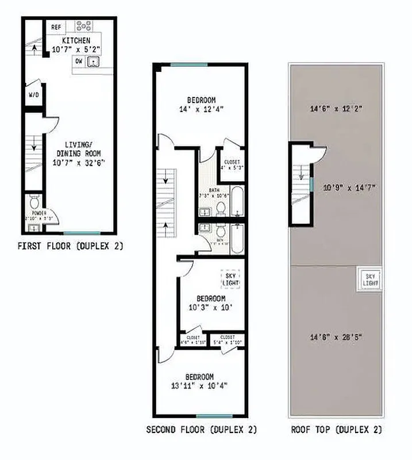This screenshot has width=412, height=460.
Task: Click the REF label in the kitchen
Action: (x=56, y=26)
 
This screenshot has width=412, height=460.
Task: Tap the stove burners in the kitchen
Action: (x=85, y=26)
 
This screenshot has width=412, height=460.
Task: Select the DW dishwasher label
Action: (x=78, y=60)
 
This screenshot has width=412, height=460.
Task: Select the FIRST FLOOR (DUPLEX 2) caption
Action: (x=71, y=246)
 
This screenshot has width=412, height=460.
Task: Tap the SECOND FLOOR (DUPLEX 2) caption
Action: (x=201, y=430)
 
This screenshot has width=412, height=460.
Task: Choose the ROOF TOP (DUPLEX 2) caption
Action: (x=336, y=430)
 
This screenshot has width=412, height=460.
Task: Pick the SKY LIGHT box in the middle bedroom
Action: (x=230, y=279)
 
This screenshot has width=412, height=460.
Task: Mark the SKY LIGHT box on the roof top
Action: (x=369, y=280)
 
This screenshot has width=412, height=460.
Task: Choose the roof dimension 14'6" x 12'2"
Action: (x=336, y=108)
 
